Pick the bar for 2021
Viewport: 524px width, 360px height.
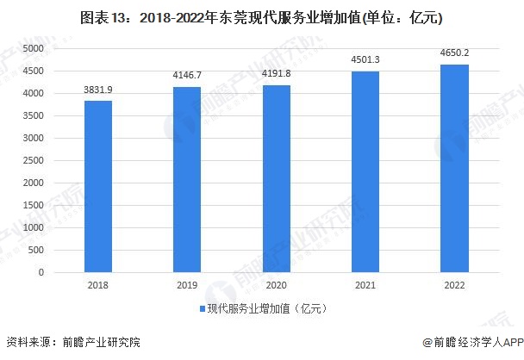point(365,171)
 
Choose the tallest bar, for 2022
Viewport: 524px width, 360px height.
point(453,168)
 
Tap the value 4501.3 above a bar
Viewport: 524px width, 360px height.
point(365,60)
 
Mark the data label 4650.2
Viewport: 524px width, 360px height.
point(453,53)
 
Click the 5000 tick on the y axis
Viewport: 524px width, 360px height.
point(34,49)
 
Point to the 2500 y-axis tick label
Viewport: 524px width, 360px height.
point(34,161)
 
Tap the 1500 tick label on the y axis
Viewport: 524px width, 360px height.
point(34,206)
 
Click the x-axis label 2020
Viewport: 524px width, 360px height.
point(276,285)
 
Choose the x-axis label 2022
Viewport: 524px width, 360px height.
point(453,285)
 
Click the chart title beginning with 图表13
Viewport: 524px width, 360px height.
point(261,16)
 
